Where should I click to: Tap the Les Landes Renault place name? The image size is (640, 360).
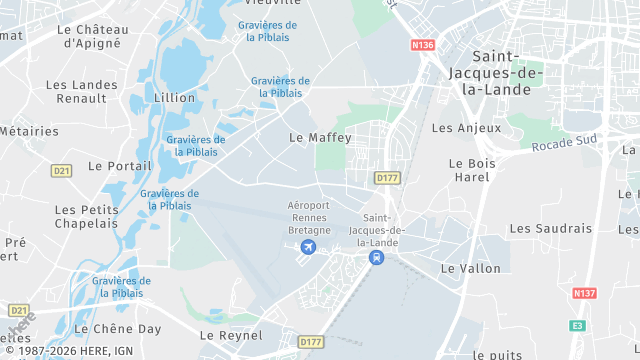point(76,91)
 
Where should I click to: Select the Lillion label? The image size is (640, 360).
point(175,98)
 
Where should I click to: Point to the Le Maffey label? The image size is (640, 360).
point(320,137)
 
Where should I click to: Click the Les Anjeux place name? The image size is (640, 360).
point(459,128)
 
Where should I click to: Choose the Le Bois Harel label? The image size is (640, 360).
point(470,170)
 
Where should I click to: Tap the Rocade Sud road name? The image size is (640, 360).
point(564,144)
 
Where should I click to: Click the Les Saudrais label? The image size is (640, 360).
point(550,228)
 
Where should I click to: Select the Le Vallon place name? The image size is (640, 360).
point(470,269)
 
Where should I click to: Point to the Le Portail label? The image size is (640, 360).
point(120,166)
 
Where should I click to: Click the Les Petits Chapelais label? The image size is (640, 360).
point(88,216)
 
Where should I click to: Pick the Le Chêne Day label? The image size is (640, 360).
point(118,328)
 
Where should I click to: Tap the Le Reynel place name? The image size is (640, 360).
point(230,335)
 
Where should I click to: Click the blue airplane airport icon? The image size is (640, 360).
point(308,247)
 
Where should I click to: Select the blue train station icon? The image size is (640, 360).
point(376,258)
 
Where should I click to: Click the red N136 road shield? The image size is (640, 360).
point(423,45)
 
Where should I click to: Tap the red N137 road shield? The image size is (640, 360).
point(585,293)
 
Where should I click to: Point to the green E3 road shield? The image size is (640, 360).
point(576,325)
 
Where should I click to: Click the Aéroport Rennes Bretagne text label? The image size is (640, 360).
point(309,217)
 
